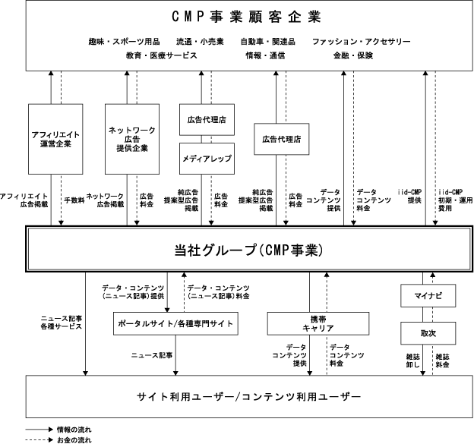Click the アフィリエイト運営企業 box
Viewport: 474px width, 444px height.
tap(55, 139)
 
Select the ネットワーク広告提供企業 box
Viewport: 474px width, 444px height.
tap(132, 139)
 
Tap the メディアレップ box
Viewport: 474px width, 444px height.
tap(207, 159)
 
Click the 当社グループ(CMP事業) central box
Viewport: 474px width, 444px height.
tap(249, 249)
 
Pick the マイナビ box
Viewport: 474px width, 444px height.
tap(428, 296)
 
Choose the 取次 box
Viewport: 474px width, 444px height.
tap(428, 333)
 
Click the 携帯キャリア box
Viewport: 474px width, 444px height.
tap(318, 323)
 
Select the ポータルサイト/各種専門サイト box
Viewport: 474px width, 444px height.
tap(175, 323)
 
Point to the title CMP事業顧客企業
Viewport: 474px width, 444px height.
tap(246, 16)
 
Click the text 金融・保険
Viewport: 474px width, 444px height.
tap(353, 55)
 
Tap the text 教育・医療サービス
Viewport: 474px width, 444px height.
tap(162, 55)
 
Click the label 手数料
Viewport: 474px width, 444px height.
tap(74, 200)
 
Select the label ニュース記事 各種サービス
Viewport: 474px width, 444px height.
tap(62, 323)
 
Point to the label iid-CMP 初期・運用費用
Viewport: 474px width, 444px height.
tap(455, 200)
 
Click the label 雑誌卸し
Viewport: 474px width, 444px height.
tap(412, 361)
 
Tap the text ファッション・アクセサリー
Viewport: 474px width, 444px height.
tap(362, 42)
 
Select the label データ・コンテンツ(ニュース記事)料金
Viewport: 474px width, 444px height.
tap(219, 292)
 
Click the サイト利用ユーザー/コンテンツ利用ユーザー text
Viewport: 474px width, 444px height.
tap(249, 397)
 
